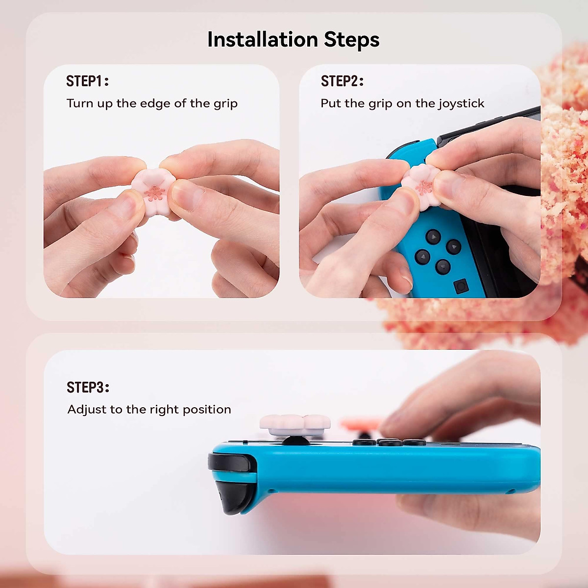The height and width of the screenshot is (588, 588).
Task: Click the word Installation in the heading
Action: tap(262, 40)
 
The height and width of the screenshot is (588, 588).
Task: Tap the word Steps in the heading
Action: tap(351, 40)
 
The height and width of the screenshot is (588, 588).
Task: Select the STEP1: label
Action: tap(87, 81)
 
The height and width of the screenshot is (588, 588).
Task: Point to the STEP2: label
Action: tap(342, 81)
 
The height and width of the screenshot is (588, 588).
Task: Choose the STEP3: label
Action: tap(88, 388)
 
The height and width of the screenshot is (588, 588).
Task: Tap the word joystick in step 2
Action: tap(461, 104)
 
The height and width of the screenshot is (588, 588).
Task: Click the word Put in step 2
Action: tap(330, 104)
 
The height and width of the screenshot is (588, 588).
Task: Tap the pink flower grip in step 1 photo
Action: tap(153, 192)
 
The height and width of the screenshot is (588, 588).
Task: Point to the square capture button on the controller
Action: tap(461, 286)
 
